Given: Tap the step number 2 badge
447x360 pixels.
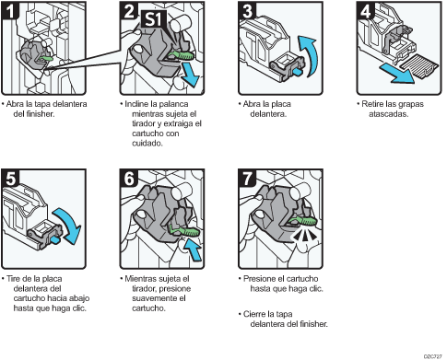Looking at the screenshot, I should pyautogui.click(x=129, y=13).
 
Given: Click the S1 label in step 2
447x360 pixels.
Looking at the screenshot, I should pyautogui.click(x=154, y=16).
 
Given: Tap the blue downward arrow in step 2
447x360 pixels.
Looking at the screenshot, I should pyautogui.click(x=190, y=76).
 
